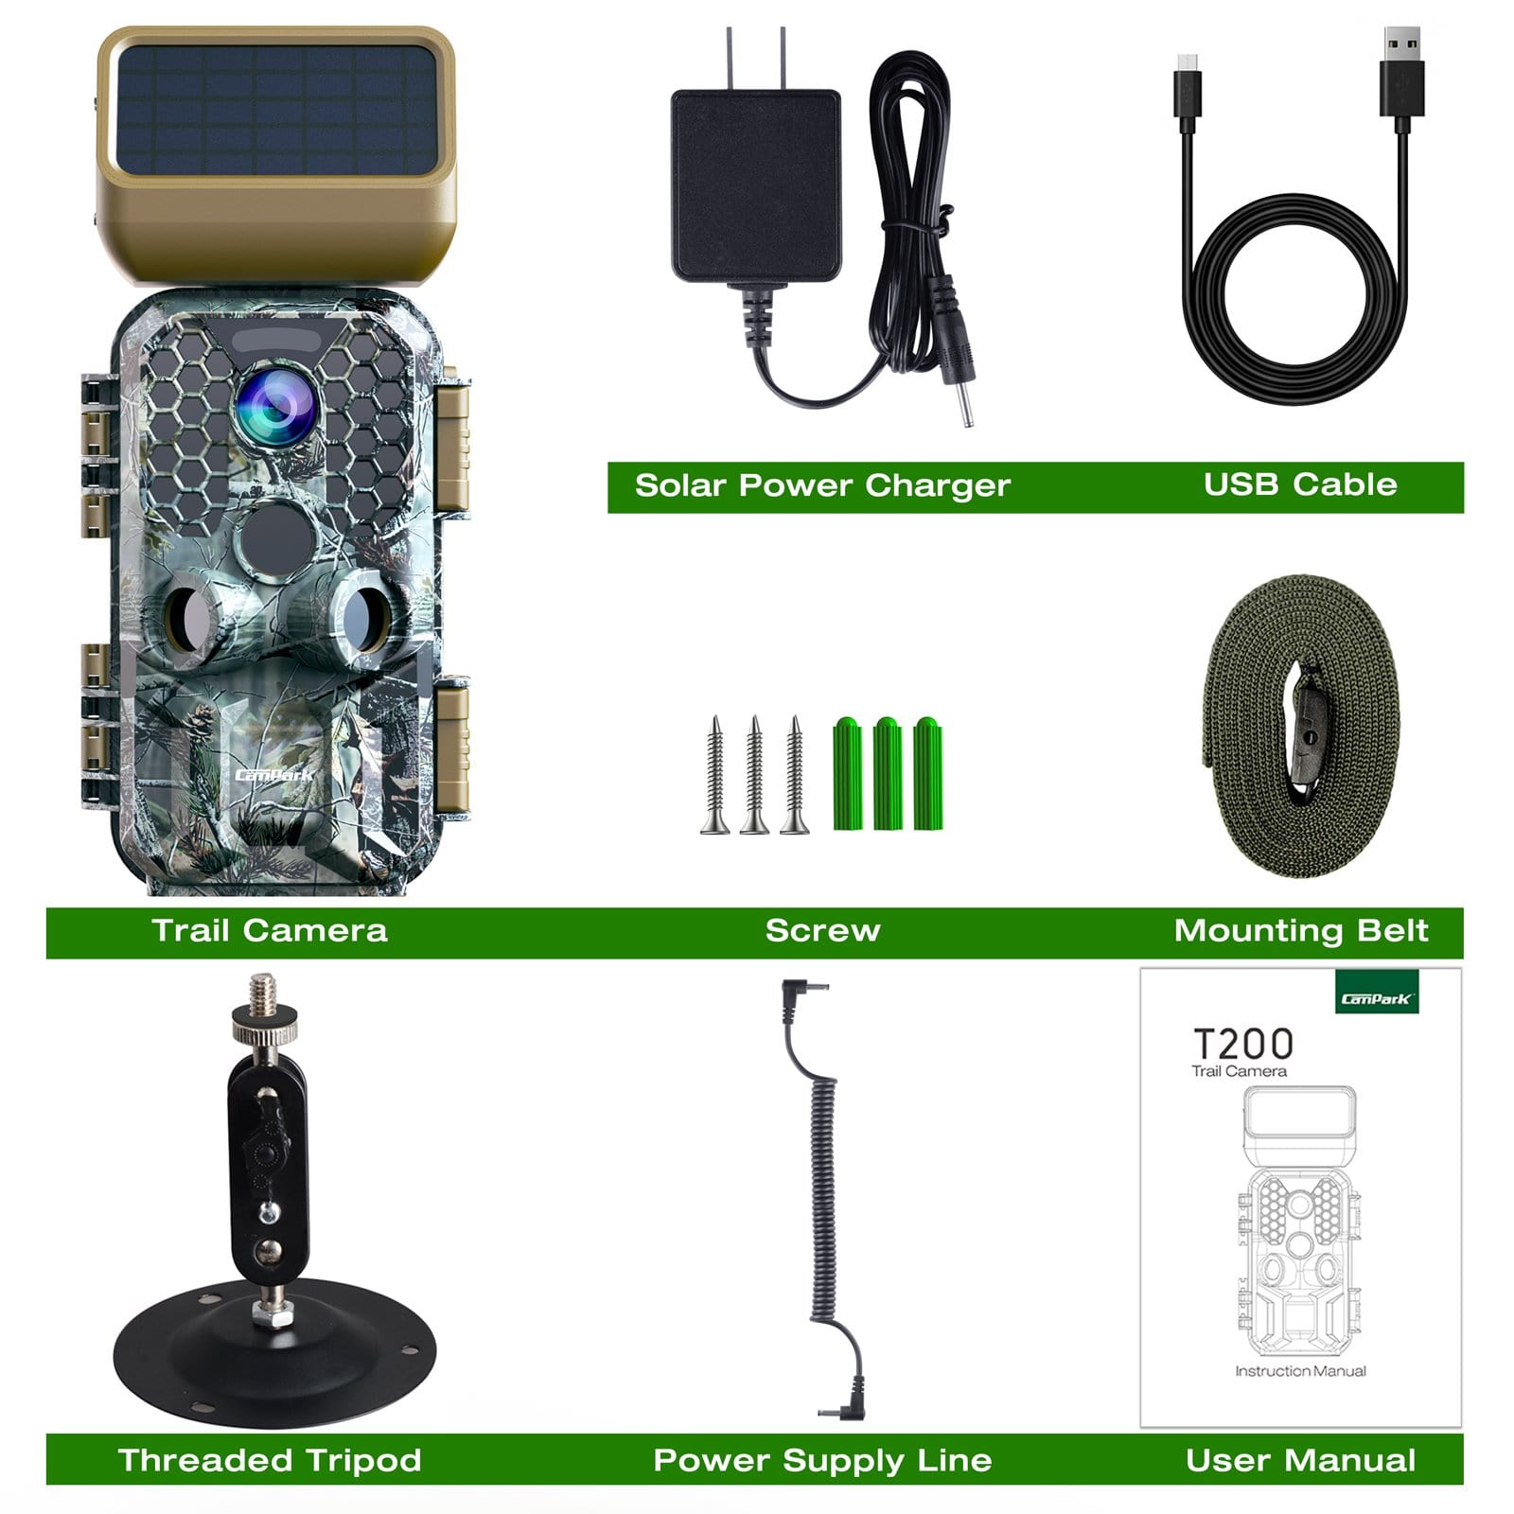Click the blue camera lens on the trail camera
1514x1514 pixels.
click(x=275, y=407)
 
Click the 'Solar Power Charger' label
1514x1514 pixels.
click(x=822, y=485)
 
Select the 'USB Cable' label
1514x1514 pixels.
click(x=1299, y=484)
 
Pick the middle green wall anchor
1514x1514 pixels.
click(x=887, y=773)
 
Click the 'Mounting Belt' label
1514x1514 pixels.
click(x=1300, y=931)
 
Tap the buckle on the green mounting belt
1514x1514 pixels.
click(x=1309, y=725)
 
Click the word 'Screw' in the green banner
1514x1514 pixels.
click(x=822, y=931)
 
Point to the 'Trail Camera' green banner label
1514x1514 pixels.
click(x=270, y=931)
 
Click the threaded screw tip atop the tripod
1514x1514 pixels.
click(x=264, y=994)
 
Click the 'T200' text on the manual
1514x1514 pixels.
click(x=1242, y=1045)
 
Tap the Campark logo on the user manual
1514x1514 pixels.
click(x=1377, y=998)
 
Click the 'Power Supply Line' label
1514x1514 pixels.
click(x=822, y=1460)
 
